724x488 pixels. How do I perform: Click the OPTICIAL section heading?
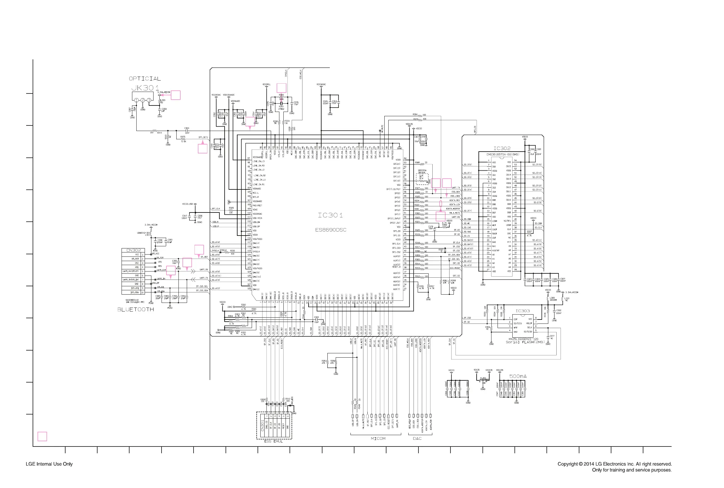(145, 79)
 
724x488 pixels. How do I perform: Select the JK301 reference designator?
(145, 88)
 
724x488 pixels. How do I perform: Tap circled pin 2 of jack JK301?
(143, 100)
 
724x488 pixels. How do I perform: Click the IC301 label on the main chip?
(330, 215)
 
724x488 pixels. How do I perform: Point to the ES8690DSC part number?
(331, 230)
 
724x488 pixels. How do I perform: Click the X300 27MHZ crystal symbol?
(281, 104)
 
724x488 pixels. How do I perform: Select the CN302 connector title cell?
(133, 250)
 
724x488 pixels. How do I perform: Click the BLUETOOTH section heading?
(135, 309)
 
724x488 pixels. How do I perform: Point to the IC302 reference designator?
(502, 149)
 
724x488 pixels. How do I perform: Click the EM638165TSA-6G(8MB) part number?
(502, 154)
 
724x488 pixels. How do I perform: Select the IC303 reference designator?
(522, 311)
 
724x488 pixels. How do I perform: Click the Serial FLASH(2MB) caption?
(525, 342)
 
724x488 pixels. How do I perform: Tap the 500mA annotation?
(518, 376)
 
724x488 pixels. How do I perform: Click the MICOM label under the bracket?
(378, 438)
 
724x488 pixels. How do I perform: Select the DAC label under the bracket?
(417, 438)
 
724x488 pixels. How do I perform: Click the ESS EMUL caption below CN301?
(274, 441)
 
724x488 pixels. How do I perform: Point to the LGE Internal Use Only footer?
(49, 464)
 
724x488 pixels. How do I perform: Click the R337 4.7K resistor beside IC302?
(529, 234)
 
